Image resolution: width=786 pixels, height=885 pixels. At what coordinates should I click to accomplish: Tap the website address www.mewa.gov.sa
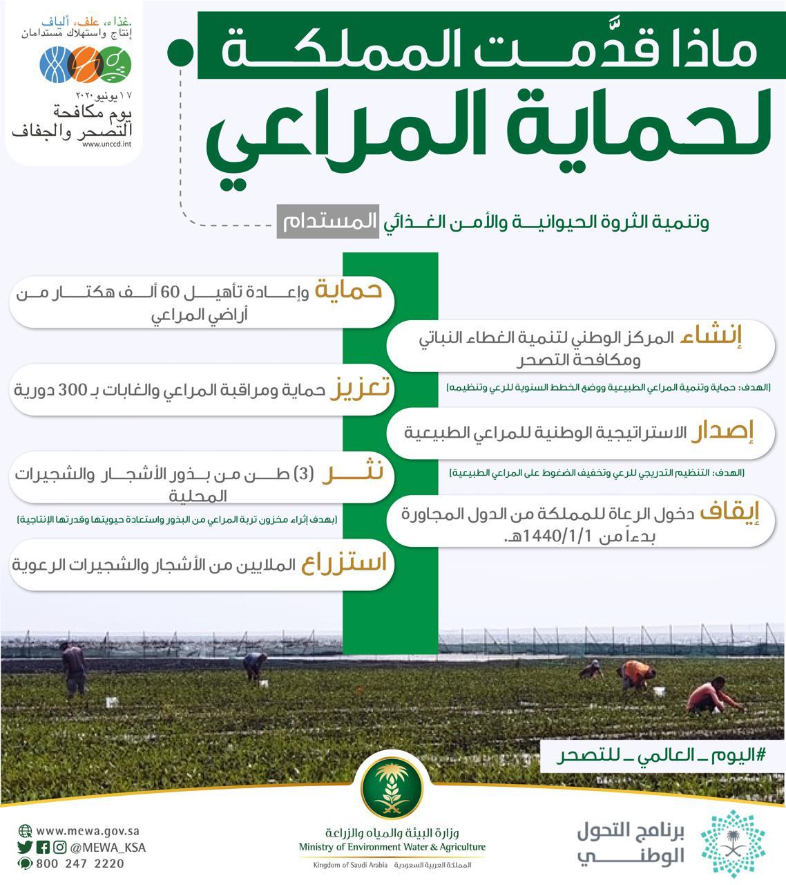pyautogui.click(x=88, y=831)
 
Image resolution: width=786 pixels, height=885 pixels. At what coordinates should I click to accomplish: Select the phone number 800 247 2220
pyautogui.click(x=80, y=864)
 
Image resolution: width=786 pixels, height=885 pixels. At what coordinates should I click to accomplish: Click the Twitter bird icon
pyautogui.click(x=26, y=848)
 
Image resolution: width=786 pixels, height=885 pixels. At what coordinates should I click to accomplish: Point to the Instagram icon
pyautogui.click(x=60, y=848)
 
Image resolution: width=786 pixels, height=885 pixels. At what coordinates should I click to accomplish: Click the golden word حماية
pyautogui.click(x=348, y=290)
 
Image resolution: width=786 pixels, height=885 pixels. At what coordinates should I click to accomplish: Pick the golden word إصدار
pyautogui.click(x=722, y=432)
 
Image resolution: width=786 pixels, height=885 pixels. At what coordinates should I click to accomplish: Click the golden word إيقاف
pyautogui.click(x=729, y=512)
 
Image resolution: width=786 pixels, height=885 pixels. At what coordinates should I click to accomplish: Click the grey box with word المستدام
pyautogui.click(x=327, y=222)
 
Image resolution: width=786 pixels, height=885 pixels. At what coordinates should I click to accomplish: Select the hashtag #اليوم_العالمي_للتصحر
pyautogui.click(x=662, y=756)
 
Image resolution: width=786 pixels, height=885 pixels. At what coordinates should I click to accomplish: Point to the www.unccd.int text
pyautogui.click(x=106, y=145)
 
